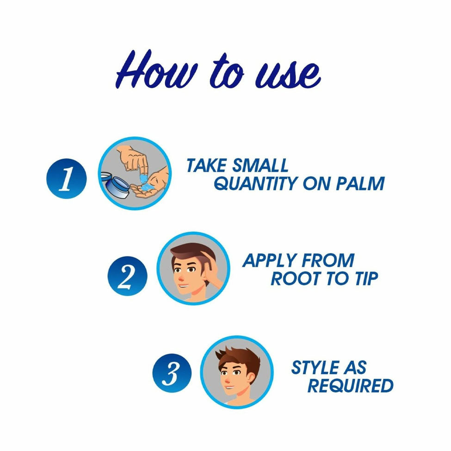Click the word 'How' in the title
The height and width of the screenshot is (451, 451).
(x=157, y=70)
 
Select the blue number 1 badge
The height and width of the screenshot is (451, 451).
(x=67, y=179)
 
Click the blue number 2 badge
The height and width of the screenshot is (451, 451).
(x=127, y=276)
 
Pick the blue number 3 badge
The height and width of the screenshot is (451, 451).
(x=172, y=373)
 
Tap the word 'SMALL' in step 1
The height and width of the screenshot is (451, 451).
(x=260, y=166)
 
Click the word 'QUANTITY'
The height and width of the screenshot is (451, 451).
(x=256, y=183)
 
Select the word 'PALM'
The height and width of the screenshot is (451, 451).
(x=360, y=183)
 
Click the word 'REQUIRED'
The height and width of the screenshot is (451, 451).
(x=350, y=385)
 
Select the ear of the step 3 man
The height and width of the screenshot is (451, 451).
(x=251, y=379)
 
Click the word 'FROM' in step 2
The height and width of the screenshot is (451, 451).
(x=328, y=260)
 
